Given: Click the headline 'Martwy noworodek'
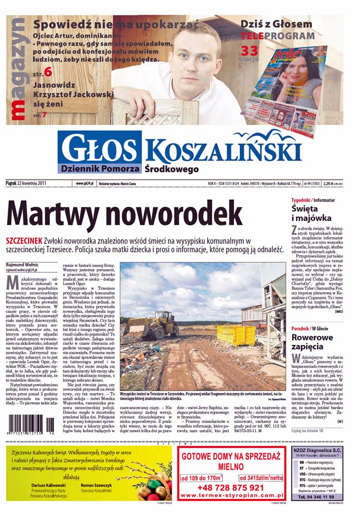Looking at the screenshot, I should (x=124, y=213).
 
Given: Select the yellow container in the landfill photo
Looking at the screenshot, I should (x=236, y=334).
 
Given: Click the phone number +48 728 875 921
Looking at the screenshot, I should (x=230, y=487).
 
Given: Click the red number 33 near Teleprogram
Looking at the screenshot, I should (x=249, y=50).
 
